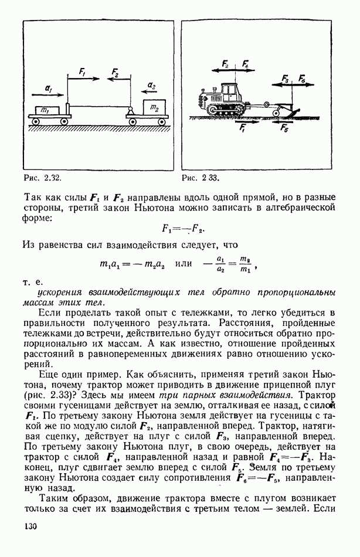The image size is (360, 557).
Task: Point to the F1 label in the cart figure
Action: click(82, 72)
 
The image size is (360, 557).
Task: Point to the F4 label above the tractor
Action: click(244, 63)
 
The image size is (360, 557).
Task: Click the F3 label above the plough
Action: click(285, 77)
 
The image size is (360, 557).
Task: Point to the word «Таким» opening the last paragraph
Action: click(54, 496)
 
